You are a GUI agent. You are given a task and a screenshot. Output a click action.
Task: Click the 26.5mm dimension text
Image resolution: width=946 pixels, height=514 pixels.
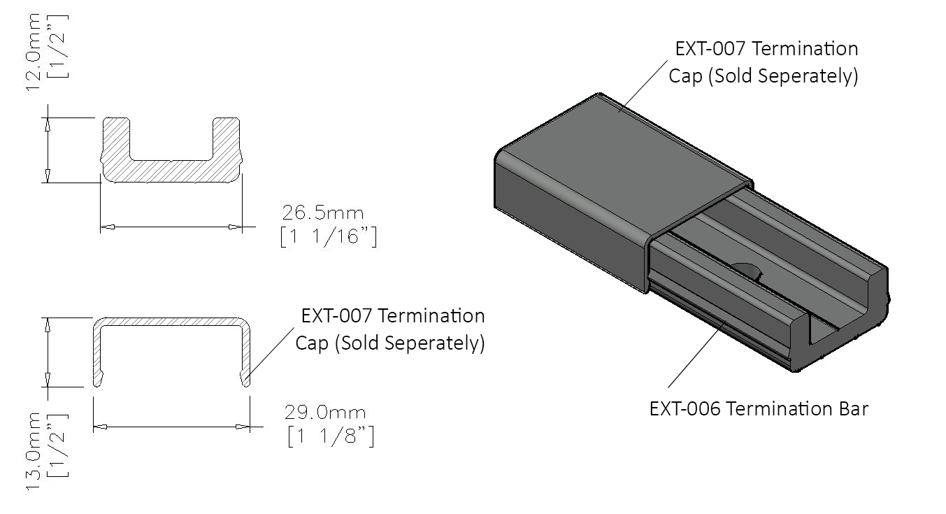coord(323,213)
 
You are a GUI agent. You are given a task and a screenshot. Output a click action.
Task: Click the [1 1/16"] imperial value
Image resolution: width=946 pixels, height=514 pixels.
coord(328,238)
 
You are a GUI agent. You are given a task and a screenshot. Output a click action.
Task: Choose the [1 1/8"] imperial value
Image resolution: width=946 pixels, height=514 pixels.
coord(330,437)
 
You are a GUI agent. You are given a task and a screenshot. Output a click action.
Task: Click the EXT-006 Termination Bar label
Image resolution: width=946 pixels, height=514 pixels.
coord(759,408)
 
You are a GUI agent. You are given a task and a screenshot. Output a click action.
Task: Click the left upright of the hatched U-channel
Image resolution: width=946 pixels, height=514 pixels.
coord(116,143)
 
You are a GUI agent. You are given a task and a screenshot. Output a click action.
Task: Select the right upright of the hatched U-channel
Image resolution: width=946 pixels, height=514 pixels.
coord(227,143)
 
